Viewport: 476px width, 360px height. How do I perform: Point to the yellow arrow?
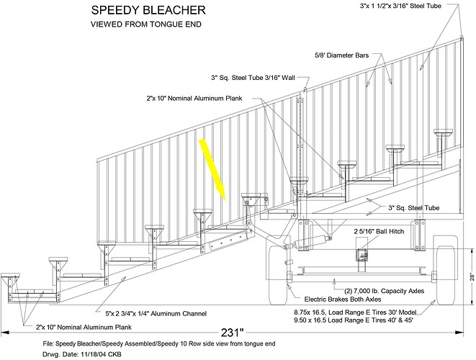click(x=214, y=168)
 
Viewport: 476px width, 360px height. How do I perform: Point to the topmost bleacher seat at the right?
click(x=442, y=133)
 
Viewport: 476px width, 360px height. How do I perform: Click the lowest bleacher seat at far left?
click(x=10, y=277)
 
